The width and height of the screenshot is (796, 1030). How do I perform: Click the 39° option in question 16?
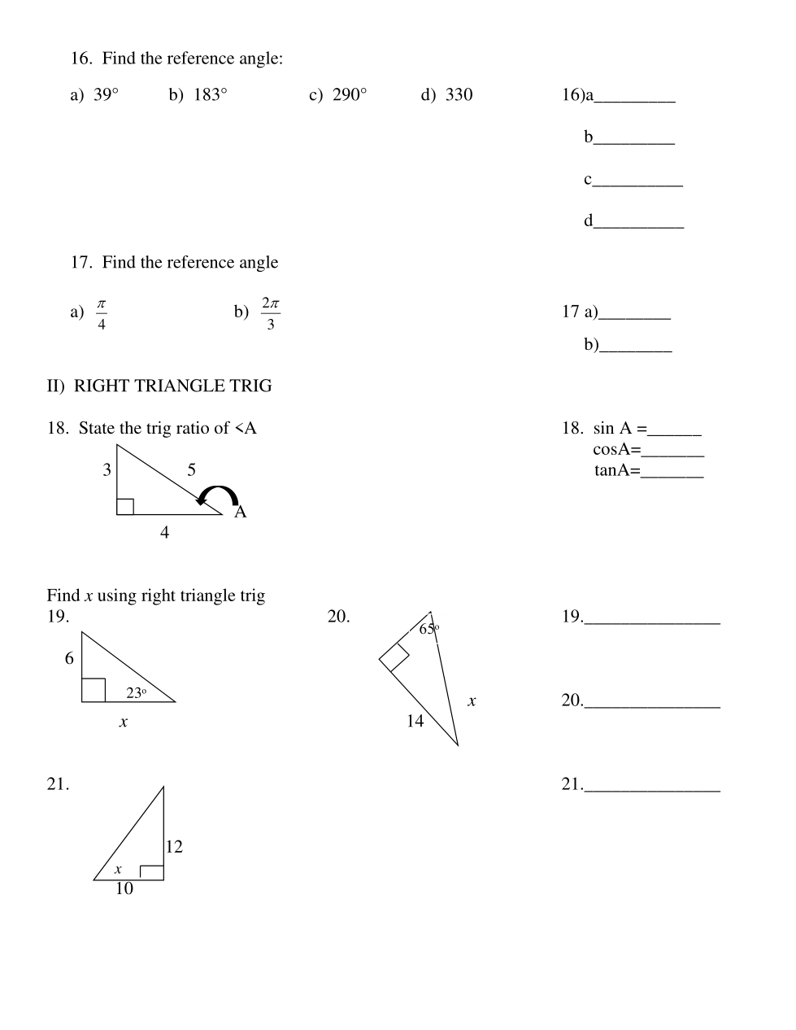(x=106, y=95)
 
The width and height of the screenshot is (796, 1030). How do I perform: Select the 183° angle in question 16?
(x=210, y=95)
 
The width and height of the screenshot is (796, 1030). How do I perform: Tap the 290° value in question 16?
(x=350, y=95)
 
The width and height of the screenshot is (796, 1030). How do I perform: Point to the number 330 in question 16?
(x=459, y=95)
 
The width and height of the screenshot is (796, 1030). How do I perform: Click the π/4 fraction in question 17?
(x=102, y=313)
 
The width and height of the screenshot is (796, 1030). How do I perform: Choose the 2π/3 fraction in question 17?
(x=271, y=313)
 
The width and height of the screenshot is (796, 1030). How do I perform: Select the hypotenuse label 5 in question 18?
(x=191, y=469)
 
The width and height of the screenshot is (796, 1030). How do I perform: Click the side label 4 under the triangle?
(x=165, y=533)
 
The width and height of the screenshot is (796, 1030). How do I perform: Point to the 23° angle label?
(x=136, y=693)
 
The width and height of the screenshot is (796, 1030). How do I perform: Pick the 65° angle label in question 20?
(x=428, y=628)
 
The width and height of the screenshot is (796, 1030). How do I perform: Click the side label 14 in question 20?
(x=415, y=721)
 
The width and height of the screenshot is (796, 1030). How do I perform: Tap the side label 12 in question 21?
(x=174, y=847)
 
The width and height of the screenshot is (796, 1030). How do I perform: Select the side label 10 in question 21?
(x=124, y=888)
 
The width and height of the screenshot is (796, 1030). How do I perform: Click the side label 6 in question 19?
(x=69, y=658)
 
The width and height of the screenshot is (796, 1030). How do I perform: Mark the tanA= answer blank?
(x=672, y=472)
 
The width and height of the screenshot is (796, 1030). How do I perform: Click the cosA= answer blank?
(x=673, y=451)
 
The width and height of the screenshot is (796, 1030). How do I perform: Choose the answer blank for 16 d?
(x=638, y=222)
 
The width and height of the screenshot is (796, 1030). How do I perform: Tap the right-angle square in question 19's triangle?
(x=94, y=690)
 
